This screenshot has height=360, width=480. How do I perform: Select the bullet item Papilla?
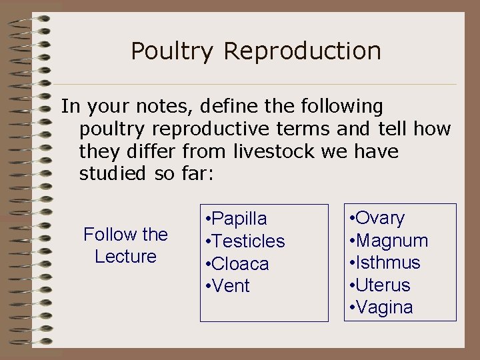point(239,219)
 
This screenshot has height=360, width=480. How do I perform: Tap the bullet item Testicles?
point(248,241)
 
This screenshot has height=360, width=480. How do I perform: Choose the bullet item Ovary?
point(380,218)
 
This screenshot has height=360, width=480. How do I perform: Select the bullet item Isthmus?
point(387,263)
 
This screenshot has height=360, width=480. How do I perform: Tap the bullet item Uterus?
point(383,285)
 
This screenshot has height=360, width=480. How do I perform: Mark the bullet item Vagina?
point(384,308)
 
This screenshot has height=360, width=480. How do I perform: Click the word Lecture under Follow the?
point(125,257)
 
